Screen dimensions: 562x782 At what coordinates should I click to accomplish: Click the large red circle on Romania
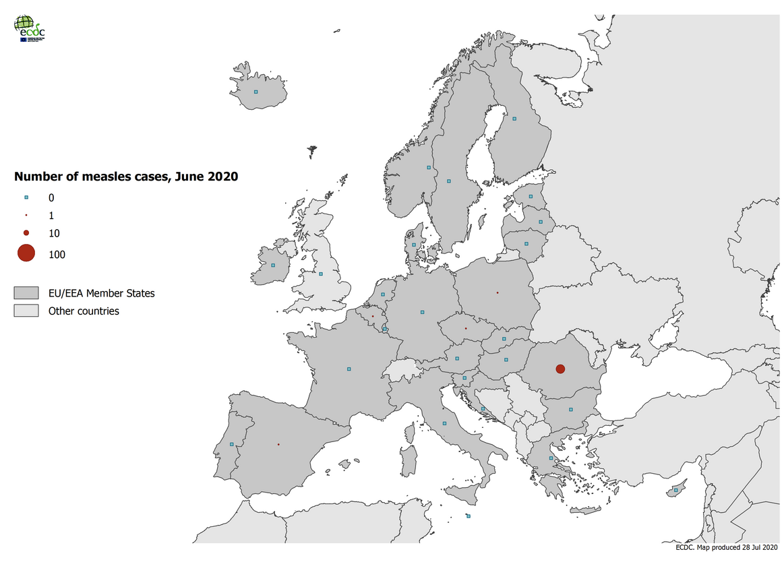coord(560,369)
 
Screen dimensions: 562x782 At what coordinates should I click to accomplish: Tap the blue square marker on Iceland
coord(255,92)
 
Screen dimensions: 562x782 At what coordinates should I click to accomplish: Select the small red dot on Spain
coord(278,444)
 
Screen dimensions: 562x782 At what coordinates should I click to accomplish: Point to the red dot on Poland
coord(497,292)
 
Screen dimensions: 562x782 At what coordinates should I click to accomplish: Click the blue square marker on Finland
coord(514,119)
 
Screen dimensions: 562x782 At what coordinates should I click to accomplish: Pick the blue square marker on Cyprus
coord(675,491)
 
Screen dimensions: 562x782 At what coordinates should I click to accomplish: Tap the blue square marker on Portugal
coord(231,444)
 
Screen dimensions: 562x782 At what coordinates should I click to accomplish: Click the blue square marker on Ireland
coord(273,265)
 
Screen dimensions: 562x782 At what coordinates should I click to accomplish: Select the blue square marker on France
coord(349,369)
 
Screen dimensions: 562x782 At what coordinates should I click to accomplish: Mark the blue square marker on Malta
coord(469,516)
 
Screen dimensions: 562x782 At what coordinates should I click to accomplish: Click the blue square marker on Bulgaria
coord(570,409)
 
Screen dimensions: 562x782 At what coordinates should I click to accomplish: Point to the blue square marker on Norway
coord(428,167)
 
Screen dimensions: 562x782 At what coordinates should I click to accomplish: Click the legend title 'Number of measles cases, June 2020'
coord(126,177)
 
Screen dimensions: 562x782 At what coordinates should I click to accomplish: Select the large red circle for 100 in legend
coord(26,253)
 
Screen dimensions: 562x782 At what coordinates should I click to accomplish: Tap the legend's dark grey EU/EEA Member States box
coord(26,293)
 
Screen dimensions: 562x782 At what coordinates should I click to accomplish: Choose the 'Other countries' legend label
coord(84,311)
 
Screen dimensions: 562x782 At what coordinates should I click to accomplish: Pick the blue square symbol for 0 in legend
coord(26,197)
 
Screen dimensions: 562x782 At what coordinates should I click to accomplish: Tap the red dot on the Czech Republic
coord(465,328)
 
